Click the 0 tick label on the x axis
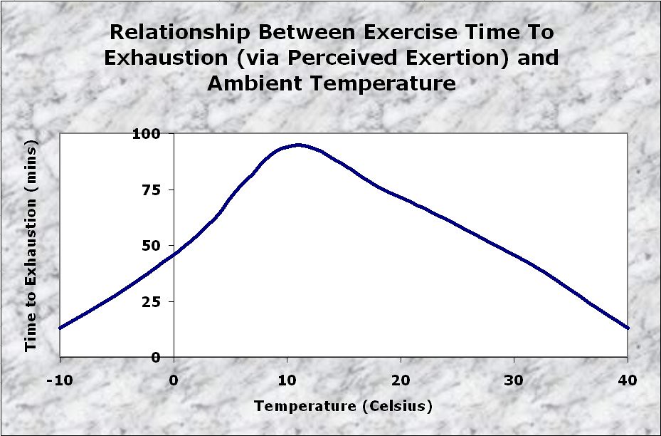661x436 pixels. (x=174, y=379)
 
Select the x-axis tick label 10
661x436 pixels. (x=287, y=379)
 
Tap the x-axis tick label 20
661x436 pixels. (x=401, y=379)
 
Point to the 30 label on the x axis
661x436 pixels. (x=514, y=379)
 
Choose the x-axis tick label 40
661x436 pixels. (x=628, y=379)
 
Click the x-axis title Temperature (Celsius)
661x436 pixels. (x=343, y=407)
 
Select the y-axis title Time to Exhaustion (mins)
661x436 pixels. (x=31, y=245)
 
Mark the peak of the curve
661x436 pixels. (x=297, y=145)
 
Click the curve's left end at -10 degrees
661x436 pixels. (x=60, y=328)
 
